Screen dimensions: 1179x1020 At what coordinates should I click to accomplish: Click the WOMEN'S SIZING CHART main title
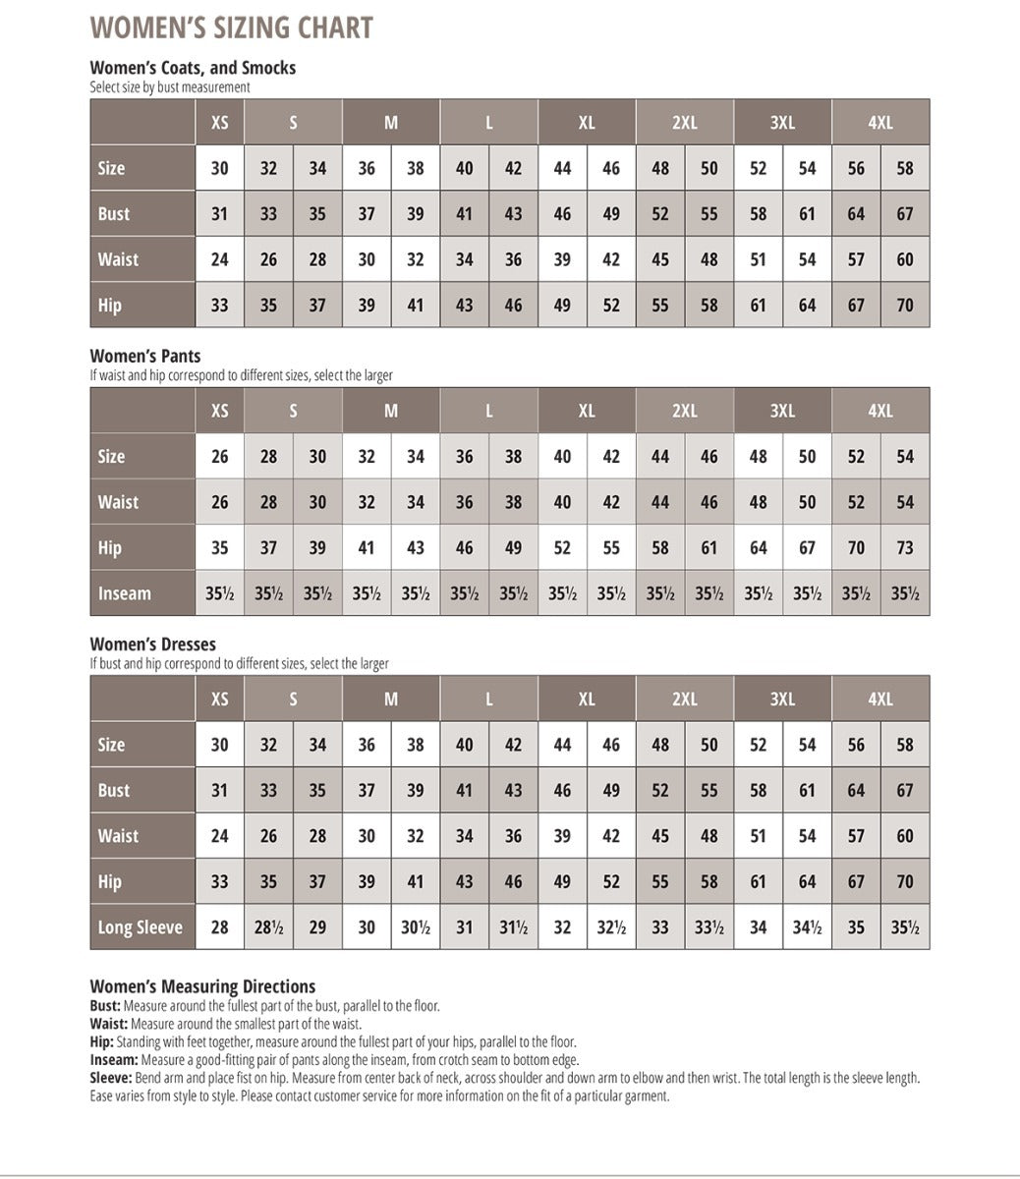[x=231, y=28]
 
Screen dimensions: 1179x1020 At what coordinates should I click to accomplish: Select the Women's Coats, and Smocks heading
[x=193, y=68]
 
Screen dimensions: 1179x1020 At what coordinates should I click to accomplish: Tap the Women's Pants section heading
[x=145, y=356]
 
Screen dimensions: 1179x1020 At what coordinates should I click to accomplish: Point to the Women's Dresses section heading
[x=152, y=645]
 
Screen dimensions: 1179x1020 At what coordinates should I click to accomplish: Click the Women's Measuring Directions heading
[x=202, y=986]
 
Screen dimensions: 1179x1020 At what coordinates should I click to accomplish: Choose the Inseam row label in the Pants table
[x=125, y=593]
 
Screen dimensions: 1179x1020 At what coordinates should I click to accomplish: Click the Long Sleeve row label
[x=141, y=927]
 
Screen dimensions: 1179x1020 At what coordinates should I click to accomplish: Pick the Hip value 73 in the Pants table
[x=904, y=548]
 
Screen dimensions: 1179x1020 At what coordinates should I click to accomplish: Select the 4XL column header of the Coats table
[x=880, y=123]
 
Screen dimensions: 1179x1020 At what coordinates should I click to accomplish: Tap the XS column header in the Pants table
[x=220, y=411]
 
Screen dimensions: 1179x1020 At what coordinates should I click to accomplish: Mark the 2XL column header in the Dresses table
[x=685, y=700]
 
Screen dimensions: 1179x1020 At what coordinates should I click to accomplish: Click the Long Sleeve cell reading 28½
[x=268, y=927]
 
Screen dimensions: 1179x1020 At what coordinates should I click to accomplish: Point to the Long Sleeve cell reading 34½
[x=807, y=927]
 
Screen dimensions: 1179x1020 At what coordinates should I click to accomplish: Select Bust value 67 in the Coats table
[x=904, y=214]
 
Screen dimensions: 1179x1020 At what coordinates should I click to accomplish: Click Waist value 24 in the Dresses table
[x=220, y=836]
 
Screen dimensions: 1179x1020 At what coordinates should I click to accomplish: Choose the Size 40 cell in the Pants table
[x=562, y=457]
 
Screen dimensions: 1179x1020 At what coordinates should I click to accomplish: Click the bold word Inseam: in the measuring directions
[x=114, y=1060]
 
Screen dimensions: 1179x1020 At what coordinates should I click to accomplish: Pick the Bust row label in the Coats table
[x=114, y=214]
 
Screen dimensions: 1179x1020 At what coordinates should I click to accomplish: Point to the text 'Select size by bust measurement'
[x=169, y=86]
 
